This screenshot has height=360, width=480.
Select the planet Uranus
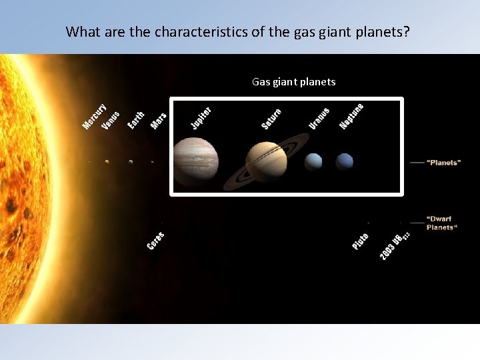tap(313, 161)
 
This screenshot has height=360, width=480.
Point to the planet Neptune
tap(345, 161)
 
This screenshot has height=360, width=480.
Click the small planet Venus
tap(107, 161)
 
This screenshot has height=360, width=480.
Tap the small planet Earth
tap(131, 161)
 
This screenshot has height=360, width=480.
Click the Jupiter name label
tap(201, 118)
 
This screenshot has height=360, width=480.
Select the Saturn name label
tap(271, 119)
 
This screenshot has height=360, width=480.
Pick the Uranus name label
tap(319, 118)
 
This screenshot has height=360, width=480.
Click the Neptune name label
tap(351, 116)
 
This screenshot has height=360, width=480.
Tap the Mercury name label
tap(94, 117)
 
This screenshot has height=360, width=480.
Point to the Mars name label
tap(158, 120)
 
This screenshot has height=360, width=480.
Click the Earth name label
tap(136, 120)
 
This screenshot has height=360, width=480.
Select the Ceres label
tap(155, 241)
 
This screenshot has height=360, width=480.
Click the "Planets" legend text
tap(443, 163)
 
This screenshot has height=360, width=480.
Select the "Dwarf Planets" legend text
tap(442, 223)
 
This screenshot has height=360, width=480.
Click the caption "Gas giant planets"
tap(293, 82)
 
